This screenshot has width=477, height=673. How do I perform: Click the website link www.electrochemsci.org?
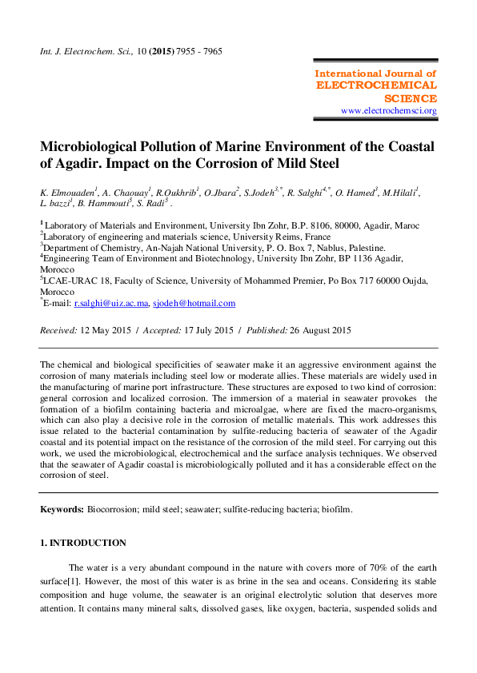(388, 110)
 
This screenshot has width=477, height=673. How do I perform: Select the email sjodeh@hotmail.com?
(194, 304)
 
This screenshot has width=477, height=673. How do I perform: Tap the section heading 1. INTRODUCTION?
(82, 544)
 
